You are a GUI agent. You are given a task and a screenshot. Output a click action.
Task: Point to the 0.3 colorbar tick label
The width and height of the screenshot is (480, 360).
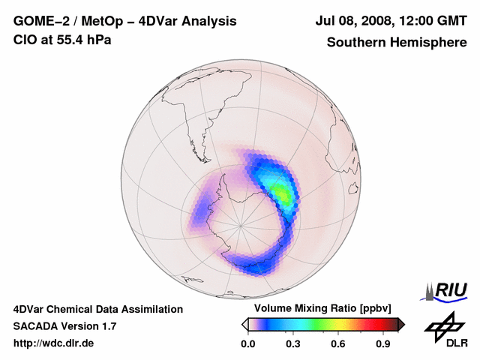click(293, 344)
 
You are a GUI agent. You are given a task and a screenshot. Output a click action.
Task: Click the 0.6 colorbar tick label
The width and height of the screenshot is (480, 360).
click(339, 344)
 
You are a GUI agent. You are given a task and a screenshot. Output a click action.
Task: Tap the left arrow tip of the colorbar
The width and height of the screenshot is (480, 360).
click(244, 324)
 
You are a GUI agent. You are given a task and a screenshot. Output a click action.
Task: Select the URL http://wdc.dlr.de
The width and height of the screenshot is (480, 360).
click(54, 343)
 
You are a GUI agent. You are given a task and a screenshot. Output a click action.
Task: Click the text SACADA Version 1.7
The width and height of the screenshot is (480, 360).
click(64, 326)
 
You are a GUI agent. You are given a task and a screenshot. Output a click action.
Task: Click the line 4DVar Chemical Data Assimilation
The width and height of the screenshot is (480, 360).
click(97, 309)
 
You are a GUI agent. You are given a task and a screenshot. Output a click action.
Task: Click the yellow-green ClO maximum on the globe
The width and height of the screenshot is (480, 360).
click(283, 193)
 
